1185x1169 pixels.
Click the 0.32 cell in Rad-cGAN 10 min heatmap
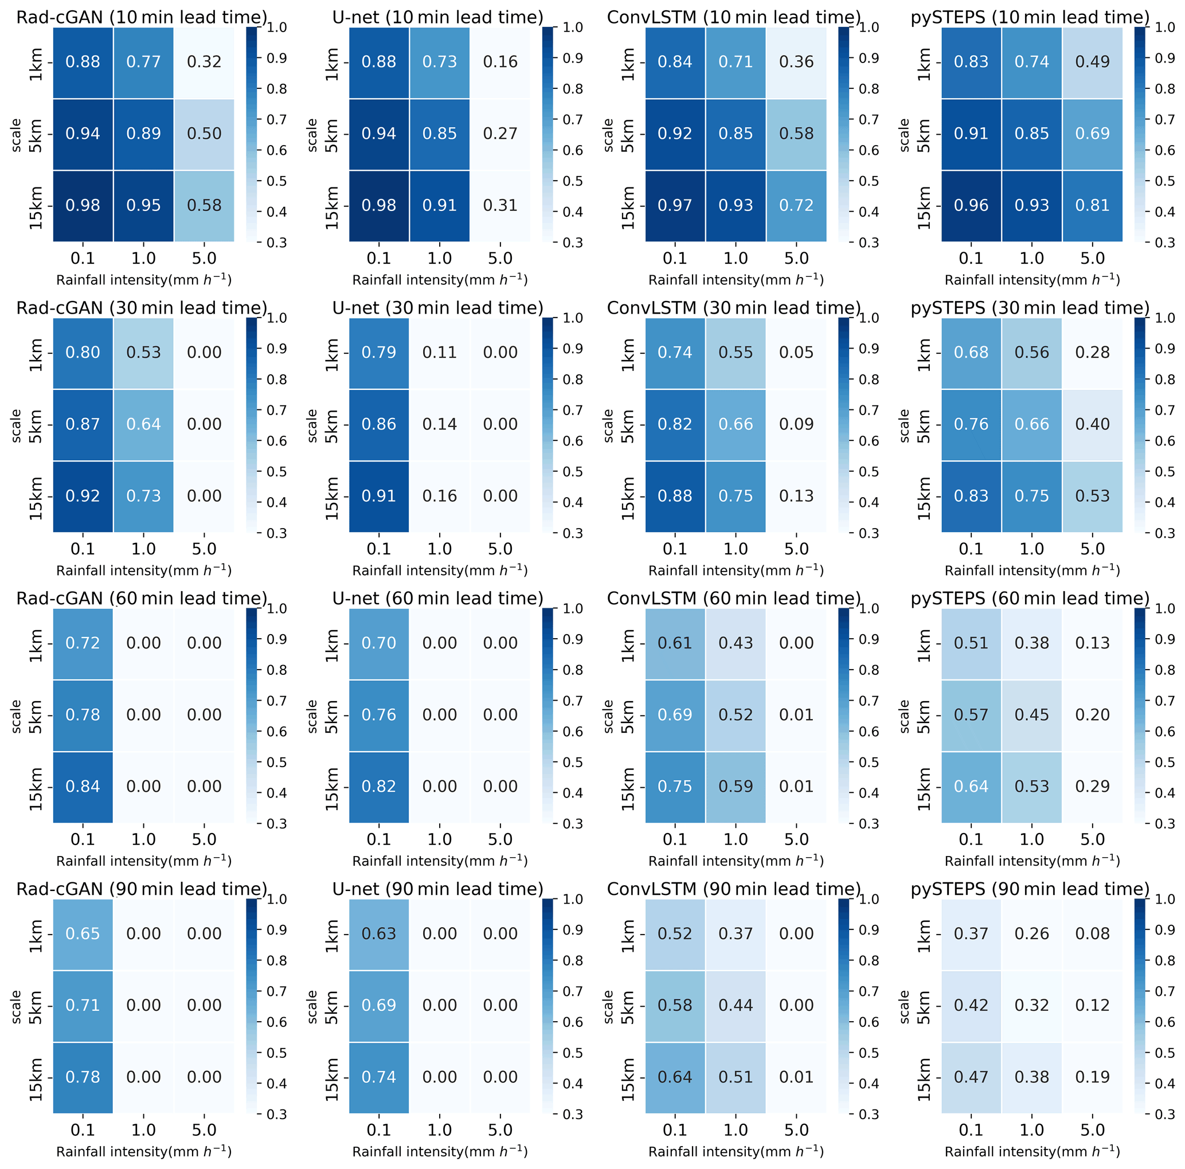(204, 62)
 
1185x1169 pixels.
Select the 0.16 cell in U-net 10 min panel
(500, 62)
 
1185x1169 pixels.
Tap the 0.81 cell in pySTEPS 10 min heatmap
(1092, 205)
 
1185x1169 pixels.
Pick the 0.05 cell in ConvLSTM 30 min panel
(796, 353)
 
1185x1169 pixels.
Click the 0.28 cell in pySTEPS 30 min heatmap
(1092, 353)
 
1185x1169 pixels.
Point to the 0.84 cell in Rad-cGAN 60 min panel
(83, 786)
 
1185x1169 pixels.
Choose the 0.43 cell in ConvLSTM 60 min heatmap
(736, 643)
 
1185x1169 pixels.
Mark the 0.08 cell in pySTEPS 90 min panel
(1092, 933)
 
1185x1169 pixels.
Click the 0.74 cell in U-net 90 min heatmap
(378, 1077)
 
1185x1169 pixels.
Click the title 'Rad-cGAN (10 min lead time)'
(142, 17)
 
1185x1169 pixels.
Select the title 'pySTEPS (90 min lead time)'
(1030, 889)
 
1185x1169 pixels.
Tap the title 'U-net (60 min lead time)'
(437, 598)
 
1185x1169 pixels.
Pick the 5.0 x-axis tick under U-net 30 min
(500, 549)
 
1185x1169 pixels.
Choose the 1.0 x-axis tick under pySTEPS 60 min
(1032, 839)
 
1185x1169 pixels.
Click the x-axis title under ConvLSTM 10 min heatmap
(736, 280)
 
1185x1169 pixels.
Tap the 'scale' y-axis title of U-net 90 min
(312, 1007)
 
